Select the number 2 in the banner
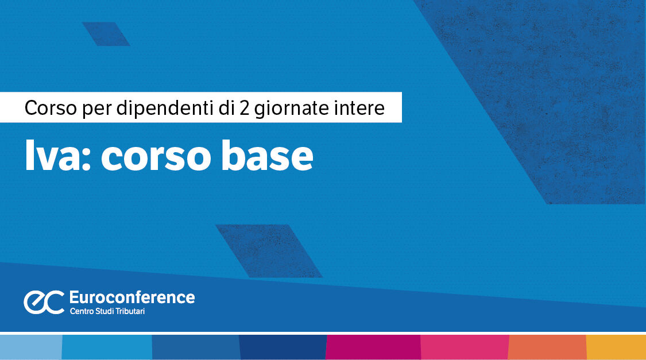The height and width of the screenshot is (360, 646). pos(245,108)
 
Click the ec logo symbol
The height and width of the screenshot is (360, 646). pos(44,302)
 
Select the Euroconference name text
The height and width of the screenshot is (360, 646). pos(131,297)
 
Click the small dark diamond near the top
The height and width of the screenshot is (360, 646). pos(106,34)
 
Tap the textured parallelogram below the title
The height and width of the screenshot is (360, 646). pos(269,250)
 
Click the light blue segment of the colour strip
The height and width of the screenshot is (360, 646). pos(30,347)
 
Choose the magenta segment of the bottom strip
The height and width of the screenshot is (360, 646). pos(373,347)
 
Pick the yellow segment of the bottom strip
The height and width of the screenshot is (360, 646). pos(616,347)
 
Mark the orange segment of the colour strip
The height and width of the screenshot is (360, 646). pos(547,347)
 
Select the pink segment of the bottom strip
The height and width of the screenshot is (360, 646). pos(465,347)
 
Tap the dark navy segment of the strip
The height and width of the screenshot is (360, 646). pos(283,347)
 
